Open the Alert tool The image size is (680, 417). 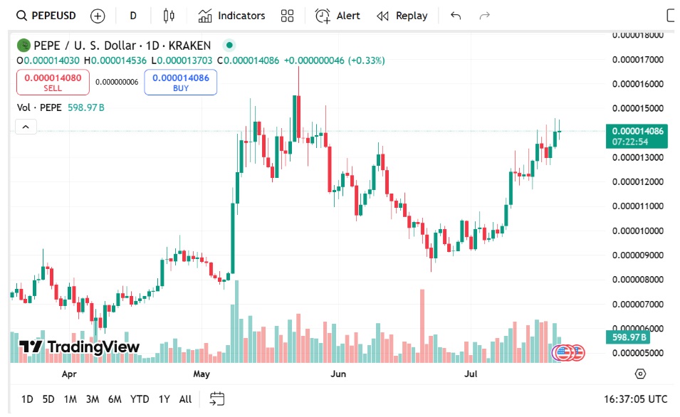pos(338,16)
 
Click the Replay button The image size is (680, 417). pos(402,16)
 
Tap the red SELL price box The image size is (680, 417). pos(53,83)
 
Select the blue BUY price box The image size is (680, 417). pos(180,83)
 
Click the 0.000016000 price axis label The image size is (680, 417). pos(638,84)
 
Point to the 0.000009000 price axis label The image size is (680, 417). pos(638,255)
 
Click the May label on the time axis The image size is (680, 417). pos(202,374)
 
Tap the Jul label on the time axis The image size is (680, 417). pos(470,374)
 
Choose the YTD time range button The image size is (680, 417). pos(140,399)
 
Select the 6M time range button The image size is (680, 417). pos(115,399)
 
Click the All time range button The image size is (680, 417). pos(185,399)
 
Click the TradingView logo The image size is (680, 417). pos(79,347)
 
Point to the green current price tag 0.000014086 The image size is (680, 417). pos(637,131)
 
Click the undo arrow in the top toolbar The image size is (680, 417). pos(456,16)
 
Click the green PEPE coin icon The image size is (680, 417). pos(24,46)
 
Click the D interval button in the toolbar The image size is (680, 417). pos(133,16)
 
